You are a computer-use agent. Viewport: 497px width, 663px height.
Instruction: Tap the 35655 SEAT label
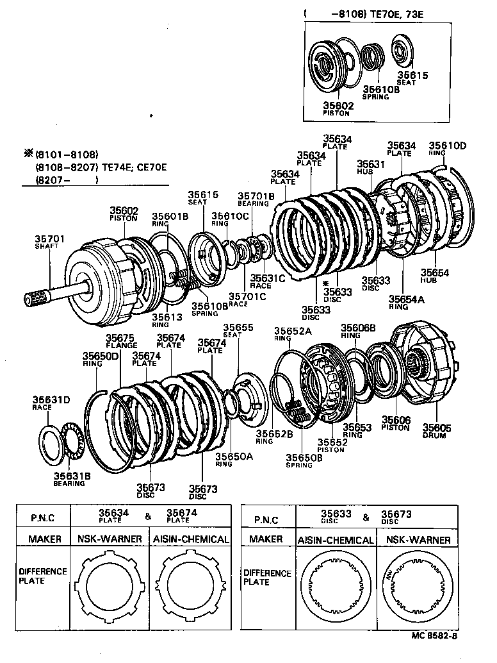pos(238,330)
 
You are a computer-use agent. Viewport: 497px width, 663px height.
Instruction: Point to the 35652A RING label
pos(292,333)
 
